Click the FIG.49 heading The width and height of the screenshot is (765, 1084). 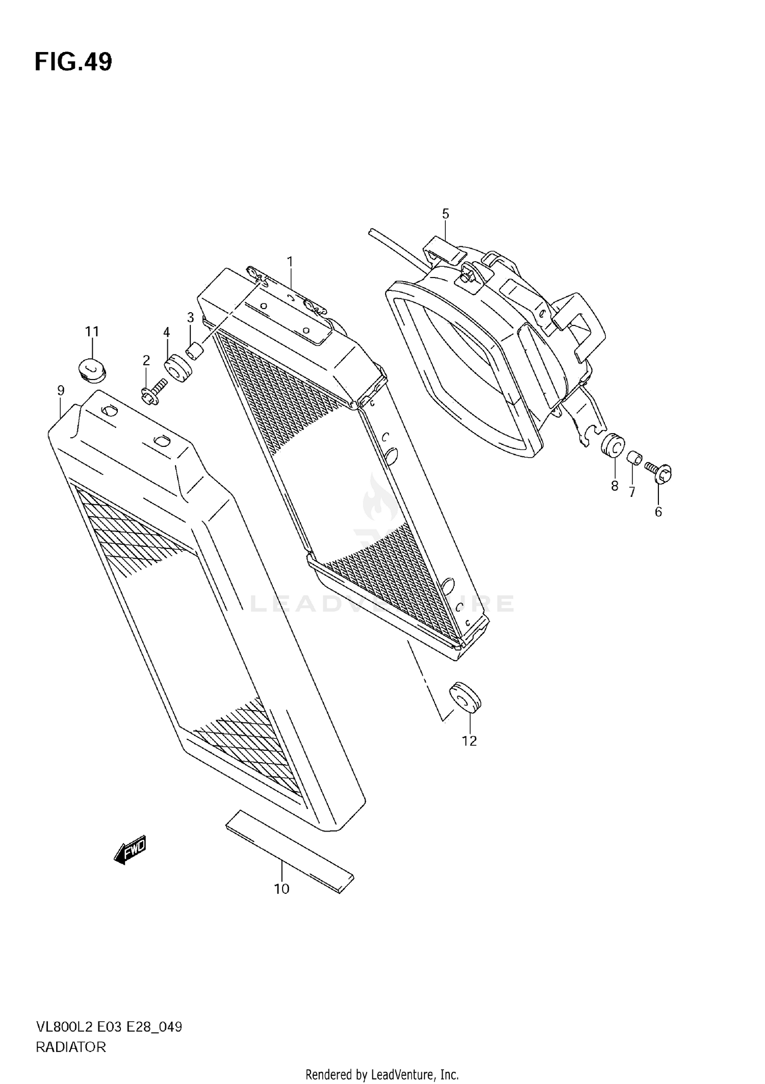73,62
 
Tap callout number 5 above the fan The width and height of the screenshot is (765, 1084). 445,214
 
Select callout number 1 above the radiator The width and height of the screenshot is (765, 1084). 290,262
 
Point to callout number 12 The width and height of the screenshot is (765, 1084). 469,741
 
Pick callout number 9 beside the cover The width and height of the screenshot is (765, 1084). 61,391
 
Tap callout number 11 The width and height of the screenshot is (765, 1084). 92,332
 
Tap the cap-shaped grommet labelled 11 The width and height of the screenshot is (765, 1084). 92,368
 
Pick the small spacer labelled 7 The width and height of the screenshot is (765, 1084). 634,458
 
